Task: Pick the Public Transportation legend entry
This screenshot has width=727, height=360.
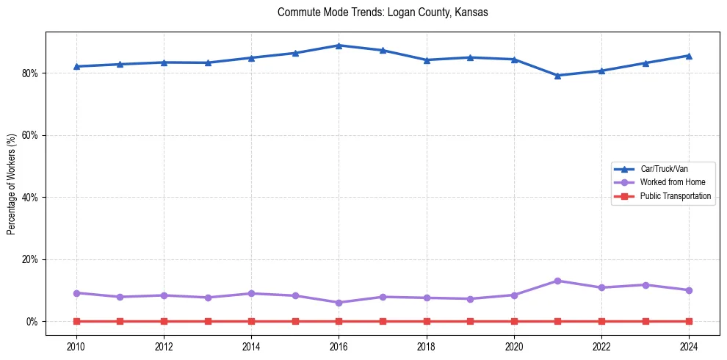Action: (x=675, y=196)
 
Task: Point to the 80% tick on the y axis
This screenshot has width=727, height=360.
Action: (x=32, y=73)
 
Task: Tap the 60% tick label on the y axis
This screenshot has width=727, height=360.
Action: (x=32, y=135)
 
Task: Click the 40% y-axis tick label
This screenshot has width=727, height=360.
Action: (x=32, y=198)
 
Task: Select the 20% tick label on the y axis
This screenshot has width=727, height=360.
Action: (x=32, y=259)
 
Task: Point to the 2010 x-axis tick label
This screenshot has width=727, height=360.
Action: (x=76, y=346)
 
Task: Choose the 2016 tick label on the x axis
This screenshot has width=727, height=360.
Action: (x=339, y=346)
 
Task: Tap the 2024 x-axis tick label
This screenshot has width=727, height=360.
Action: (x=689, y=346)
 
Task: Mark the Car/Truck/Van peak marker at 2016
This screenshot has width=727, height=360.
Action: (x=339, y=46)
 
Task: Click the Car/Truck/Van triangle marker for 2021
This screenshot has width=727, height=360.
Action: (x=557, y=76)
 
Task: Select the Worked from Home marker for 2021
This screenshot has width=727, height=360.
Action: (x=557, y=281)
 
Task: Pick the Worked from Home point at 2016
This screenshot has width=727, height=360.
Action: (x=339, y=303)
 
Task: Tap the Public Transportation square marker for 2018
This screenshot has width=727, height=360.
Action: (x=426, y=321)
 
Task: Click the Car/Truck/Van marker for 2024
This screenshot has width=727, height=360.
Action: (x=689, y=56)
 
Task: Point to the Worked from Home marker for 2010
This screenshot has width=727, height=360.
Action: (x=76, y=293)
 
